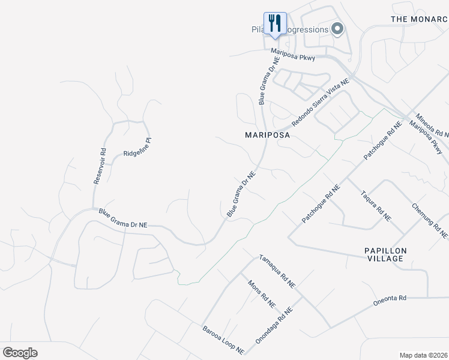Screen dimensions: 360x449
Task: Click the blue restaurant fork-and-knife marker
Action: [x=275, y=24]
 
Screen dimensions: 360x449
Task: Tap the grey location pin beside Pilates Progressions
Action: [x=337, y=29]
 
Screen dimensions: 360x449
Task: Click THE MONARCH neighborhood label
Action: [x=420, y=19]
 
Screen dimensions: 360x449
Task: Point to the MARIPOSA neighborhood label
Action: [x=268, y=135]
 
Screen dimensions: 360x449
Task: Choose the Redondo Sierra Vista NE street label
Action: [x=320, y=102]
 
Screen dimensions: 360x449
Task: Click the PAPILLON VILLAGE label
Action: [x=385, y=254]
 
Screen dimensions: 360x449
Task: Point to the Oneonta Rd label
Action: [x=390, y=299]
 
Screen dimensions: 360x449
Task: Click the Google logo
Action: [x=20, y=353]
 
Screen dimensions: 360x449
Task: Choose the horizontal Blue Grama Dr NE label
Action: [x=122, y=218]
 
